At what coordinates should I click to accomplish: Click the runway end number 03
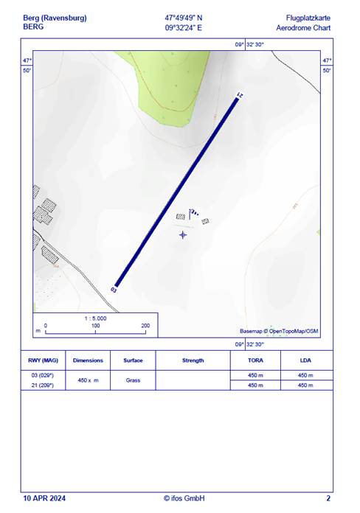coord(114,290)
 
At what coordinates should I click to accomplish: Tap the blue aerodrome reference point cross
coord(183,234)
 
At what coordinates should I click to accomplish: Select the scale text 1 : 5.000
coord(96,318)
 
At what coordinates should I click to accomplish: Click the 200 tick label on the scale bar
coord(145,325)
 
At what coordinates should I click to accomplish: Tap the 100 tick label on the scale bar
coord(95,325)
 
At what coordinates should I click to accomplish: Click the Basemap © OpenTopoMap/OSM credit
coord(279,331)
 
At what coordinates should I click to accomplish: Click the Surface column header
coord(133,360)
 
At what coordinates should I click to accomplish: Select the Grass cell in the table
coord(133,380)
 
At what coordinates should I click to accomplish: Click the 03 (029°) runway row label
coord(44,375)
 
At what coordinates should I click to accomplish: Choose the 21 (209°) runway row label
coord(44,385)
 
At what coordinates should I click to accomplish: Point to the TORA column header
coord(255,360)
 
